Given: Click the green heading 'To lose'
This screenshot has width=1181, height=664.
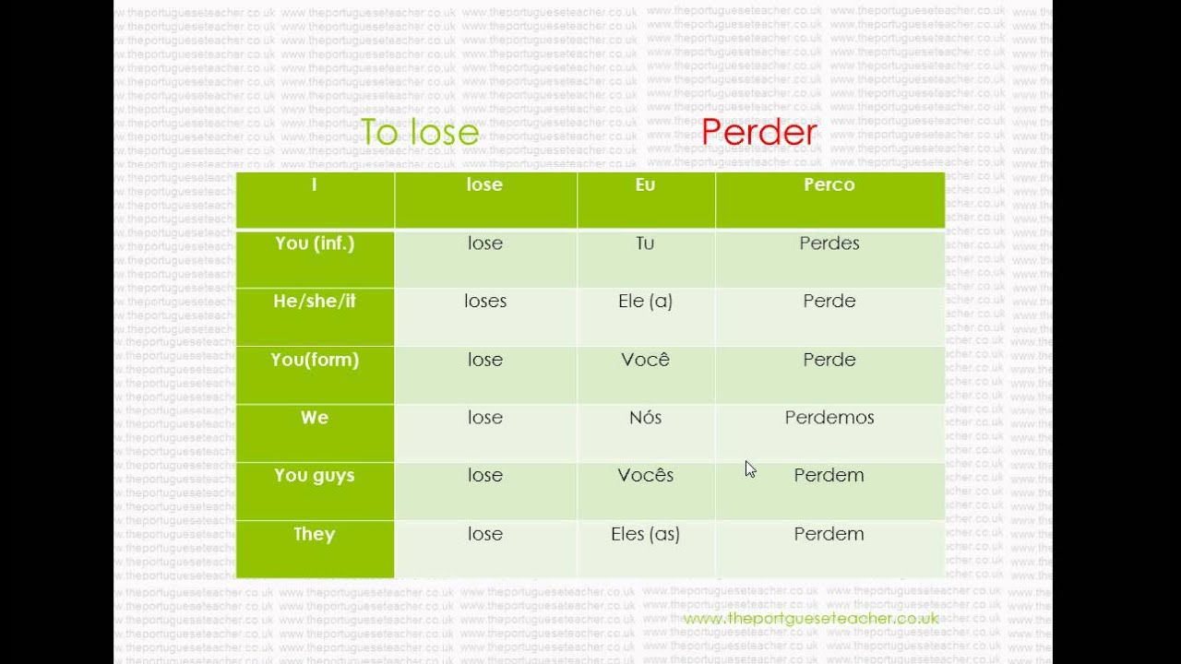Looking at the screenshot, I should tap(420, 133).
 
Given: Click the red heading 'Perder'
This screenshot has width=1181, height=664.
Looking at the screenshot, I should tap(758, 133).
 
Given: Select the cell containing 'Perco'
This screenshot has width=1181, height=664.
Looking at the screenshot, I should tap(829, 185).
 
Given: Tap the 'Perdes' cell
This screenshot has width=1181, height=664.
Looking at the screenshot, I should tap(829, 243).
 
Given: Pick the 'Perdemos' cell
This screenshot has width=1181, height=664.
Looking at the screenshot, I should tap(829, 418).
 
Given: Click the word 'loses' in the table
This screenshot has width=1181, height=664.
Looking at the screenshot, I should tap(485, 302).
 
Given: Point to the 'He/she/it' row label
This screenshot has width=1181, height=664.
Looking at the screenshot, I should tap(315, 302).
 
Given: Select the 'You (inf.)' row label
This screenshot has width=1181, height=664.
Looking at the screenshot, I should tap(315, 243).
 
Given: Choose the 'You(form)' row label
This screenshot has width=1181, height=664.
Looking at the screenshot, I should tap(315, 360).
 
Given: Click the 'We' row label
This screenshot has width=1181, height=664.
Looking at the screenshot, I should tap(315, 418).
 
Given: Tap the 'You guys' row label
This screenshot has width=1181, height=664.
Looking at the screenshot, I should tap(315, 476).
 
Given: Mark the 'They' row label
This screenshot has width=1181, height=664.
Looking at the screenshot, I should tap(315, 534).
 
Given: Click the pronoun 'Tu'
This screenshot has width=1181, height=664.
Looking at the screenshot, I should tap(645, 243).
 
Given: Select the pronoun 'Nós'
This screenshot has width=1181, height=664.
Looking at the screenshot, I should tap(645, 418).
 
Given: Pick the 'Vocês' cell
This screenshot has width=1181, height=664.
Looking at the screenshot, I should tap(645, 476).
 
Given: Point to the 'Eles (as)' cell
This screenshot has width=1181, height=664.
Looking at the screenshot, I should tap(645, 534).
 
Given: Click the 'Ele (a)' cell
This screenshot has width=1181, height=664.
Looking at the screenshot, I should tap(645, 302).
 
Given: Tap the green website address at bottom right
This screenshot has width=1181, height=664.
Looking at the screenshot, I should tap(811, 619).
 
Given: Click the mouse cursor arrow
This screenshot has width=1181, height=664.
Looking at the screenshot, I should tap(750, 469).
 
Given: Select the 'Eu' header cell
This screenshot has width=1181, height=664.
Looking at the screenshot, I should tap(645, 185).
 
